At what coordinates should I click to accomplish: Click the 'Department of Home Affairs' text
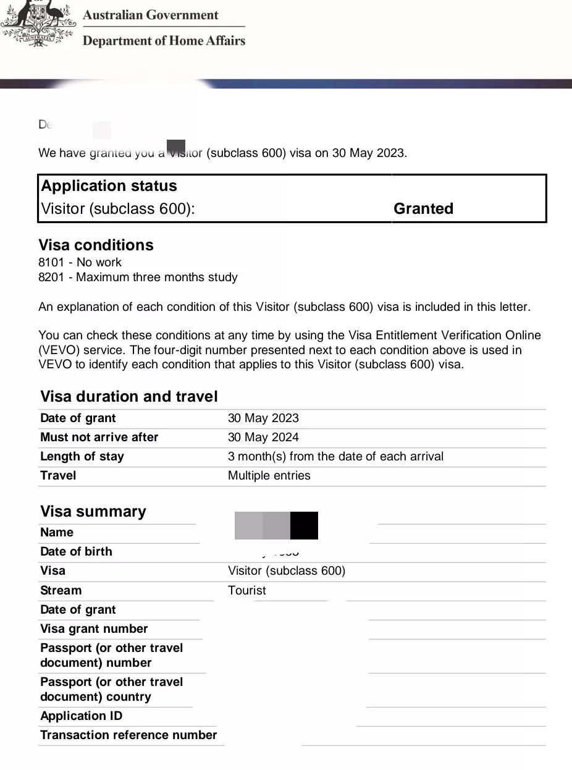(x=164, y=41)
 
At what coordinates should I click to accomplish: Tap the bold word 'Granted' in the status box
(x=423, y=209)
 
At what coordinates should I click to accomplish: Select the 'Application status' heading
(x=109, y=186)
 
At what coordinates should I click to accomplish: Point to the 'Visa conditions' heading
(x=96, y=245)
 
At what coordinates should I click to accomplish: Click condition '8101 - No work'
(x=80, y=262)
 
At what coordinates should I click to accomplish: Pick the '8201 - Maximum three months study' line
(x=138, y=277)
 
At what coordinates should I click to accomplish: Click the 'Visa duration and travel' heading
(x=128, y=396)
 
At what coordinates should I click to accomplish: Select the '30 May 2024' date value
(x=263, y=437)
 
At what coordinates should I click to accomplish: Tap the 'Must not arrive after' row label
(x=99, y=437)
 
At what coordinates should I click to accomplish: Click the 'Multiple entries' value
(x=269, y=475)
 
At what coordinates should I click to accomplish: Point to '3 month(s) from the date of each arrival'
(x=335, y=456)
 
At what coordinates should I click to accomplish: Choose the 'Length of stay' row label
(x=82, y=456)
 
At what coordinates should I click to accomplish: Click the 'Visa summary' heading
(x=93, y=511)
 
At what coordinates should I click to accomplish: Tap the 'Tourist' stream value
(x=246, y=590)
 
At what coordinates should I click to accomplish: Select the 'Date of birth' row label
(x=76, y=551)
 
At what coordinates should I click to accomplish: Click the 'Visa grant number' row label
(x=94, y=628)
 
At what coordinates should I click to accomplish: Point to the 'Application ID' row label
(x=81, y=716)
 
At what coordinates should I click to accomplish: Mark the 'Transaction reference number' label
(x=128, y=735)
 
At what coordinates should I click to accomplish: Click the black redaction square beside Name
(x=304, y=525)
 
